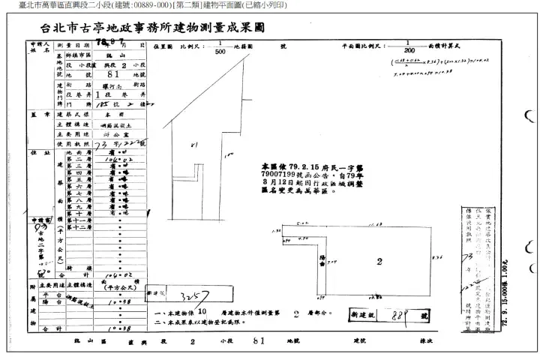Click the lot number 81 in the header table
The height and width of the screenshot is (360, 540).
[115, 76]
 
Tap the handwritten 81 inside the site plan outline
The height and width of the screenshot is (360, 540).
[194, 145]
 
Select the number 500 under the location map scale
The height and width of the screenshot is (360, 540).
[220, 52]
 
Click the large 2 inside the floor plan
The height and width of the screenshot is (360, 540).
[379, 262]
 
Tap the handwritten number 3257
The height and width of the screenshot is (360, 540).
[185, 297]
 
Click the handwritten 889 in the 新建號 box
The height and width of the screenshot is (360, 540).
[403, 316]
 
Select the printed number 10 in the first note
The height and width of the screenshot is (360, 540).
[202, 310]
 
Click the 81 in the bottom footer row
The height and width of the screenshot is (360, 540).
[258, 340]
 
